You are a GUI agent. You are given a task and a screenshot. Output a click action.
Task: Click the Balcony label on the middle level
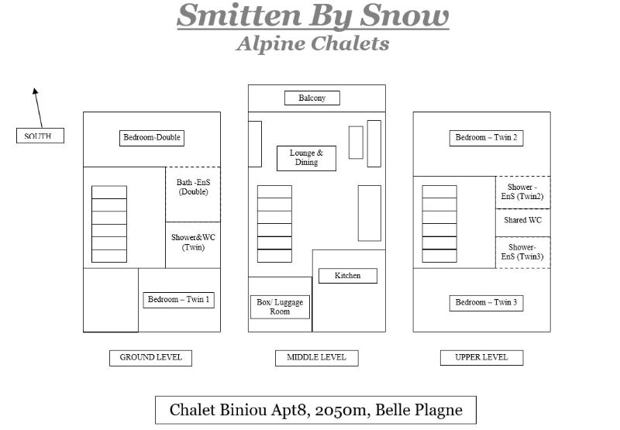(312, 98)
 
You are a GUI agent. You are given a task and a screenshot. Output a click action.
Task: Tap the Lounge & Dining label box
(306, 158)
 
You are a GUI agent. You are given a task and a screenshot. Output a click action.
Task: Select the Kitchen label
(348, 276)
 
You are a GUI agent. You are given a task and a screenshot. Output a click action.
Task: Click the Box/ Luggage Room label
(280, 307)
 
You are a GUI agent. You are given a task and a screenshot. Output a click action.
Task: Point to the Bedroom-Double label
(152, 138)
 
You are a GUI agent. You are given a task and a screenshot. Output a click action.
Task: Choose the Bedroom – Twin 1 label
(179, 300)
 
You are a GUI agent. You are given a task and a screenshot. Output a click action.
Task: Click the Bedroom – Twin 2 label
(487, 138)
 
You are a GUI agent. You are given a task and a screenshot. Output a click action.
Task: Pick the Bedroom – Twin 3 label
(487, 303)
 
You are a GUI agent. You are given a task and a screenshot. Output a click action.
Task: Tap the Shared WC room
(522, 223)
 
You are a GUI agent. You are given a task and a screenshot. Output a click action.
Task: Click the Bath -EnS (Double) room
(193, 194)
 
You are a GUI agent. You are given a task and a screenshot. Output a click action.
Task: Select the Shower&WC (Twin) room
(193, 245)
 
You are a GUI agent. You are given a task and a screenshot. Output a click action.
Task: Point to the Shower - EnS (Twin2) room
(522, 192)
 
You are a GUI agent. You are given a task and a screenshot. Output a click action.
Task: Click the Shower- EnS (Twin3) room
(522, 253)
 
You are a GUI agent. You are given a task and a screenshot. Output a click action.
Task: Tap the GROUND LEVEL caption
(150, 358)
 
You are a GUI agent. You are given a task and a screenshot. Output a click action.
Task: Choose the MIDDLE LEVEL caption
(317, 358)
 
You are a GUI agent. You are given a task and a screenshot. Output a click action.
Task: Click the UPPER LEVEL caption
(481, 358)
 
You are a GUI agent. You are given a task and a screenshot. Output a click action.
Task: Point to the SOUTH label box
(40, 136)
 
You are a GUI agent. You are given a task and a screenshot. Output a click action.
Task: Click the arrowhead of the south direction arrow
(35, 91)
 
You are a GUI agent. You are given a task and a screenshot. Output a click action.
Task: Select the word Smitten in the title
(239, 15)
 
